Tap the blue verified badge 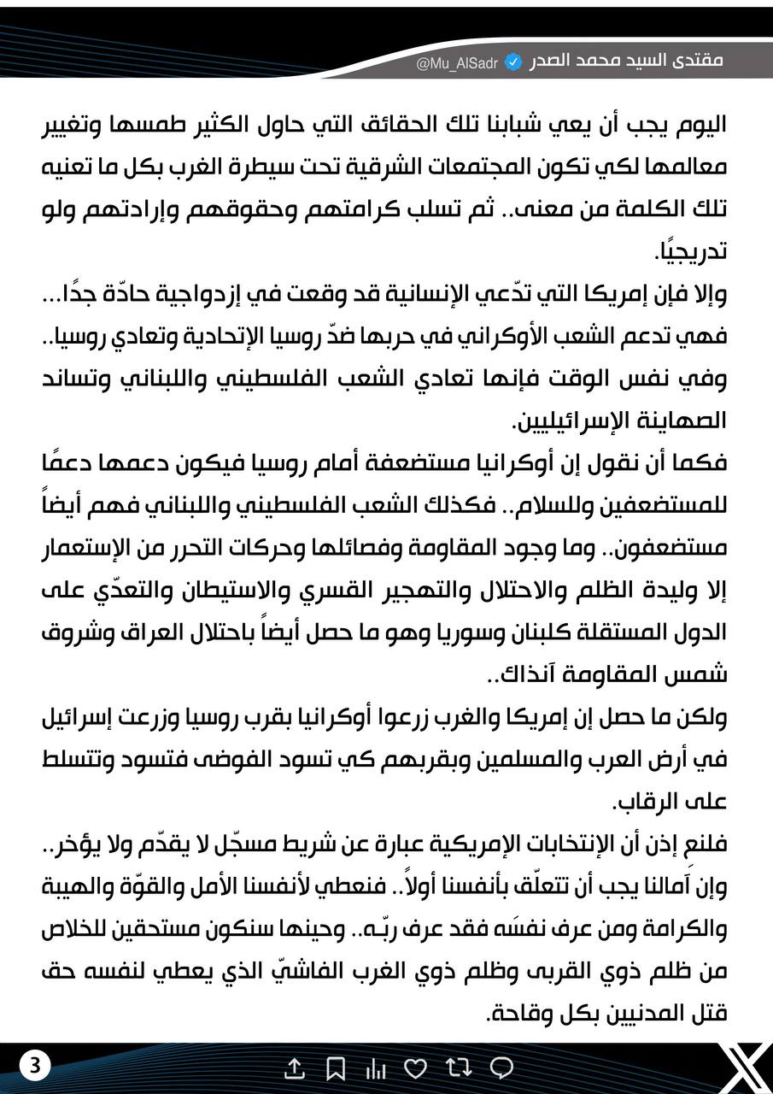513,62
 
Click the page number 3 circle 35,1066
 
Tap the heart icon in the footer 415,1068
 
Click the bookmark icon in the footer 336,1068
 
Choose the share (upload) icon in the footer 294,1068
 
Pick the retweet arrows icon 459,1068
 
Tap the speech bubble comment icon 502,1068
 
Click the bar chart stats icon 376,1068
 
